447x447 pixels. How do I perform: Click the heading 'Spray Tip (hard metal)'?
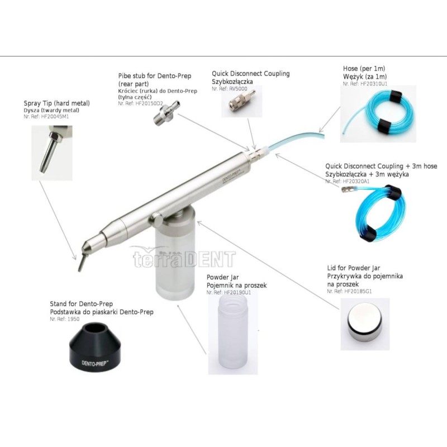tap(56, 103)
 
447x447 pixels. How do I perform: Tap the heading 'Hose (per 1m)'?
tap(365, 69)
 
